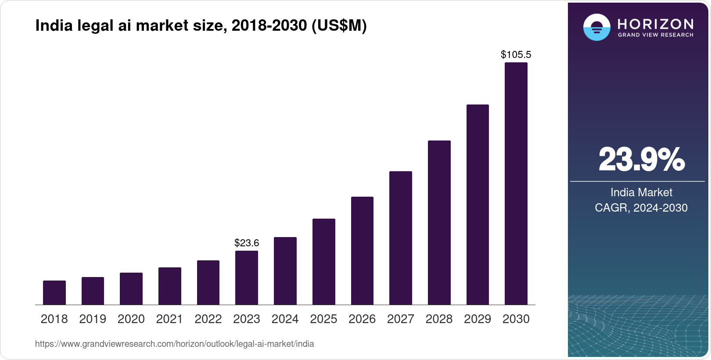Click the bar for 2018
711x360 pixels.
click(x=54, y=292)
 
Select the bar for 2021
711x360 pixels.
click(x=170, y=286)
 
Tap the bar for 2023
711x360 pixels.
click(x=247, y=277)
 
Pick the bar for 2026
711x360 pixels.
click(x=362, y=251)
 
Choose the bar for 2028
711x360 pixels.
click(x=439, y=223)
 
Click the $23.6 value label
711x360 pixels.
click(x=247, y=243)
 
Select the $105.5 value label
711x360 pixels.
click(x=516, y=54)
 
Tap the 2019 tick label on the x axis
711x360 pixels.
click(x=93, y=319)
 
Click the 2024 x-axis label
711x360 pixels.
click(x=285, y=319)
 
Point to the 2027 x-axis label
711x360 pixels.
click(x=400, y=319)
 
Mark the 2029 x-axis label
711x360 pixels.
click(x=478, y=319)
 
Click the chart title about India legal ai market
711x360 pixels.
click(x=201, y=26)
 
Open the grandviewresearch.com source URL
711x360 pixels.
click(x=175, y=344)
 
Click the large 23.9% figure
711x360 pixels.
click(x=641, y=159)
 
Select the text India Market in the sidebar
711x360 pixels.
click(x=641, y=192)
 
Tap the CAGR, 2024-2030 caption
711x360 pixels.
click(x=641, y=208)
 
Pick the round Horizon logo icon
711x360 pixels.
click(x=596, y=28)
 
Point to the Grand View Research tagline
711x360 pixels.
click(x=656, y=35)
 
